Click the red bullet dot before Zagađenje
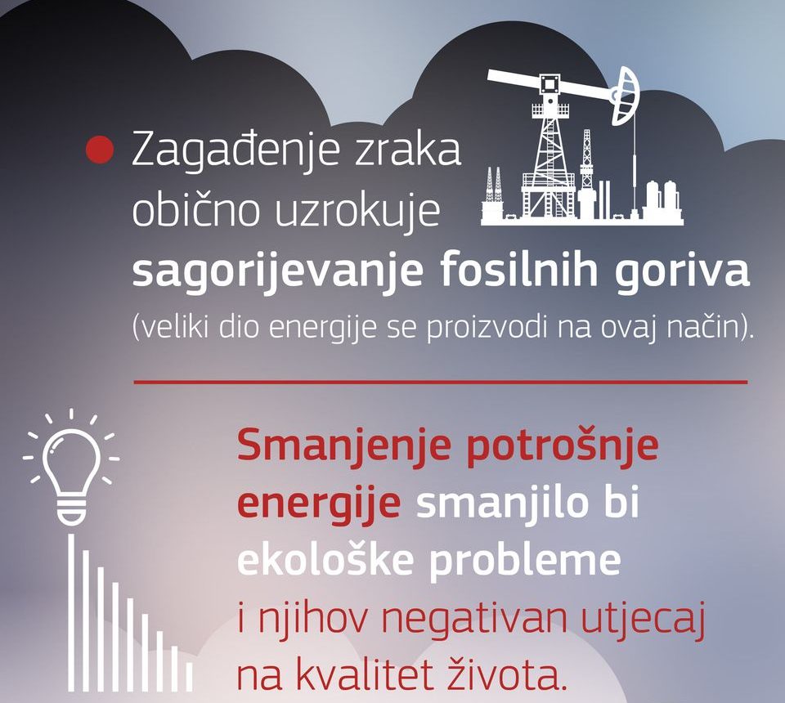[101, 150]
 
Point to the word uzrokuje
[357, 212]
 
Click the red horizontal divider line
[441, 383]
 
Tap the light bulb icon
[70, 466]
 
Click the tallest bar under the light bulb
[71, 612]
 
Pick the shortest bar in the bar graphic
[189, 677]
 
